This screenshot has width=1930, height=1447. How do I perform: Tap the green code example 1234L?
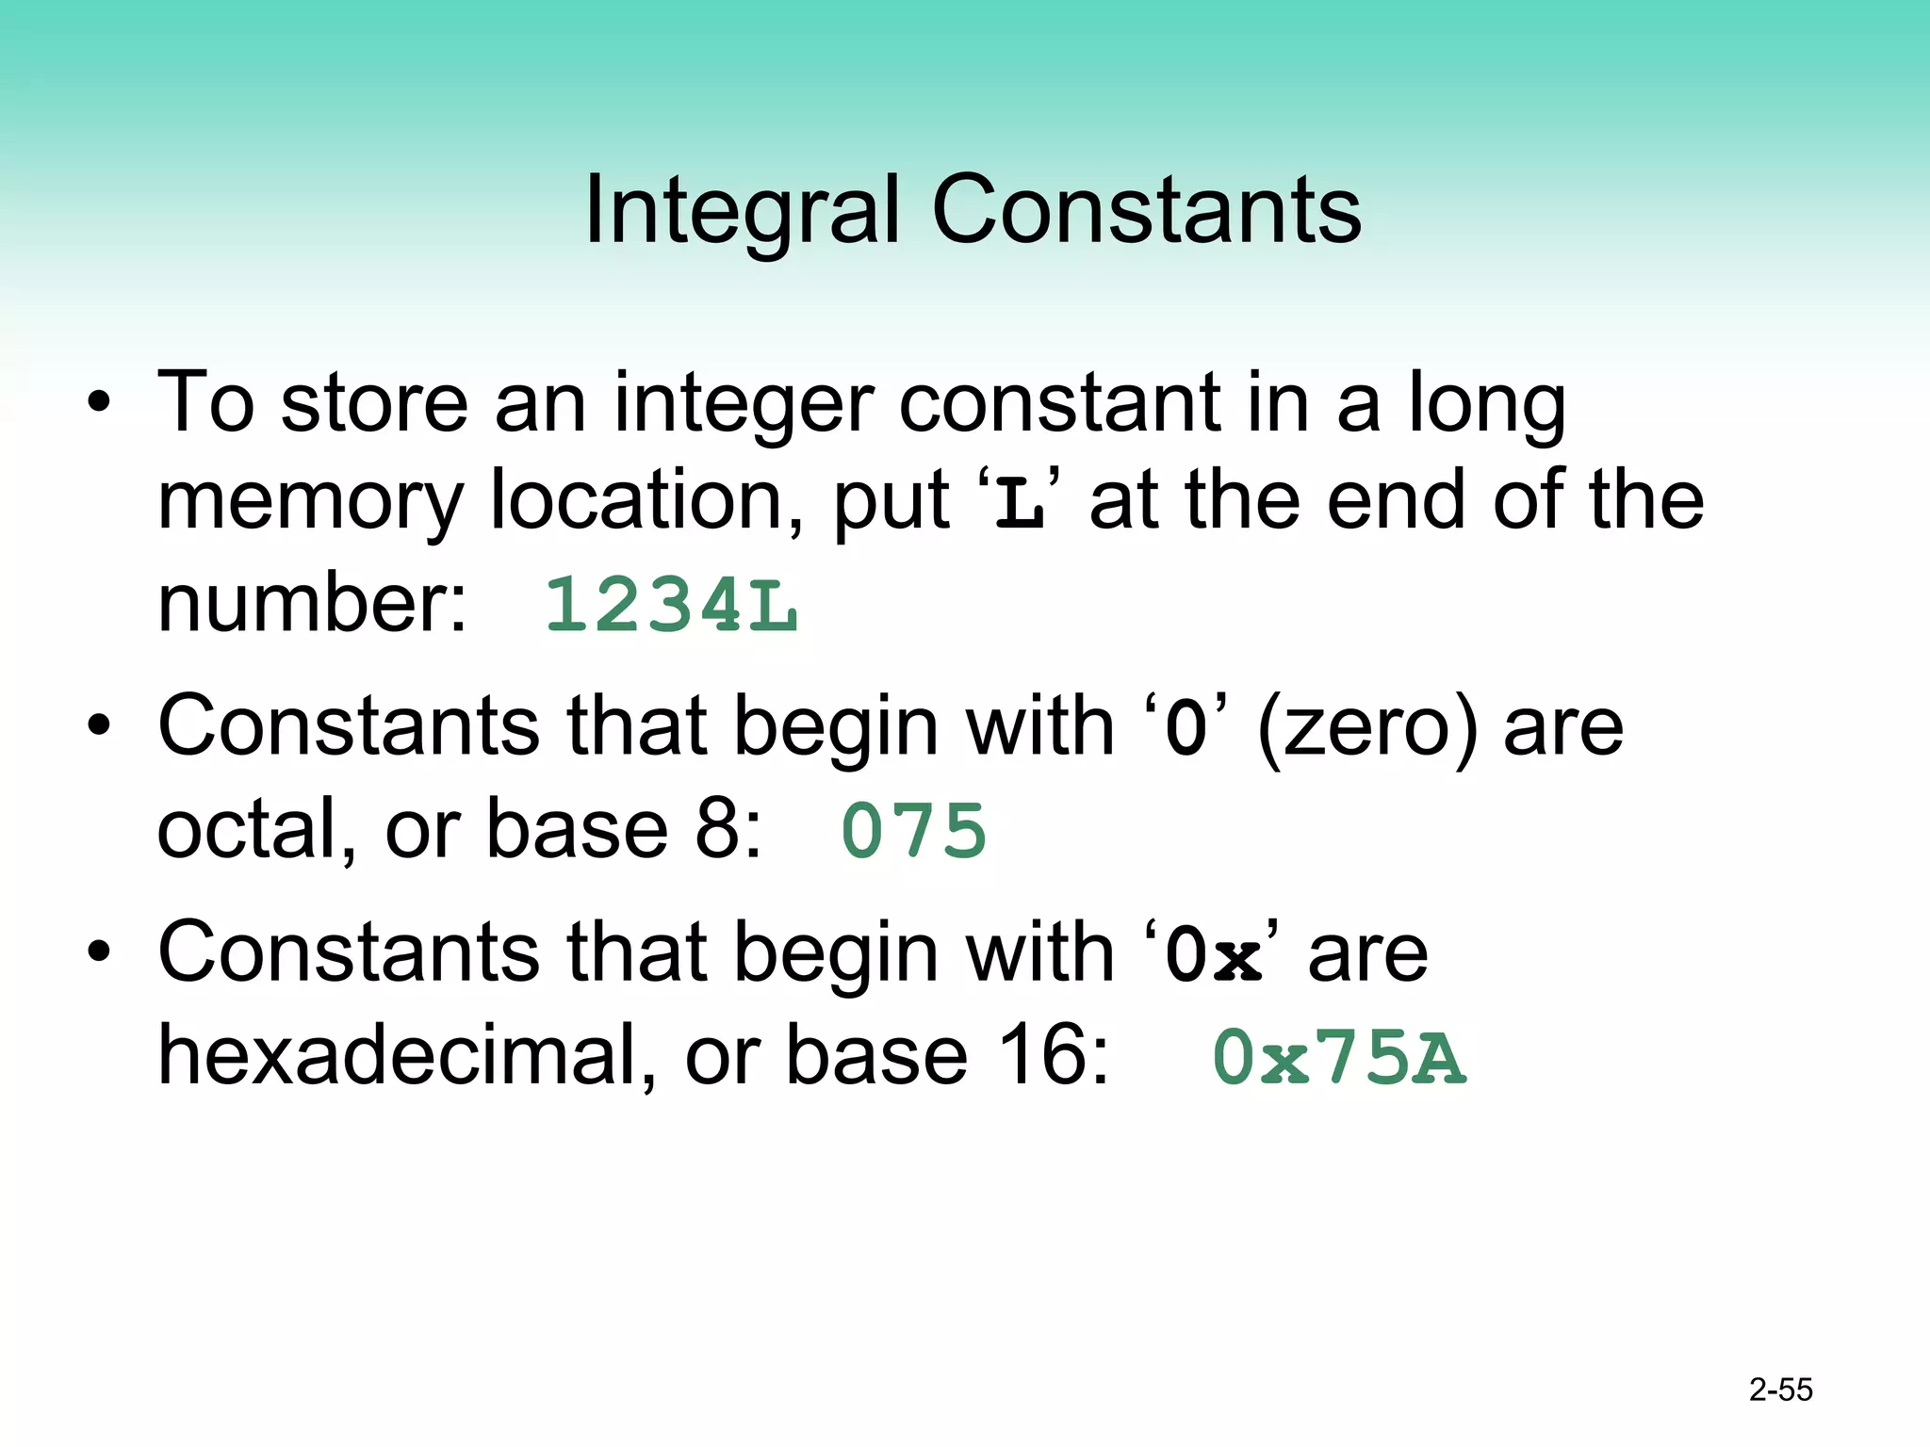671,605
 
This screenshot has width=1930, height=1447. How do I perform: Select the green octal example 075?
913,831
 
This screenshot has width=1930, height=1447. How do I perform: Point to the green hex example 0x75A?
1339,1058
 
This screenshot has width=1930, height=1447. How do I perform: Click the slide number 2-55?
1780,1390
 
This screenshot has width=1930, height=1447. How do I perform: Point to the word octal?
255,829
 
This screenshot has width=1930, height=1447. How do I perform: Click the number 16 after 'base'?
1042,1055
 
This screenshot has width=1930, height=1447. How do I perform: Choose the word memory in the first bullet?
310,504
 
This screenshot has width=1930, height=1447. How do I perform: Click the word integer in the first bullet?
744,405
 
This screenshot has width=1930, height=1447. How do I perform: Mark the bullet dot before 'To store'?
99,405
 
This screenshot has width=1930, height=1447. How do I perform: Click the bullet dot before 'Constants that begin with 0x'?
99,952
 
